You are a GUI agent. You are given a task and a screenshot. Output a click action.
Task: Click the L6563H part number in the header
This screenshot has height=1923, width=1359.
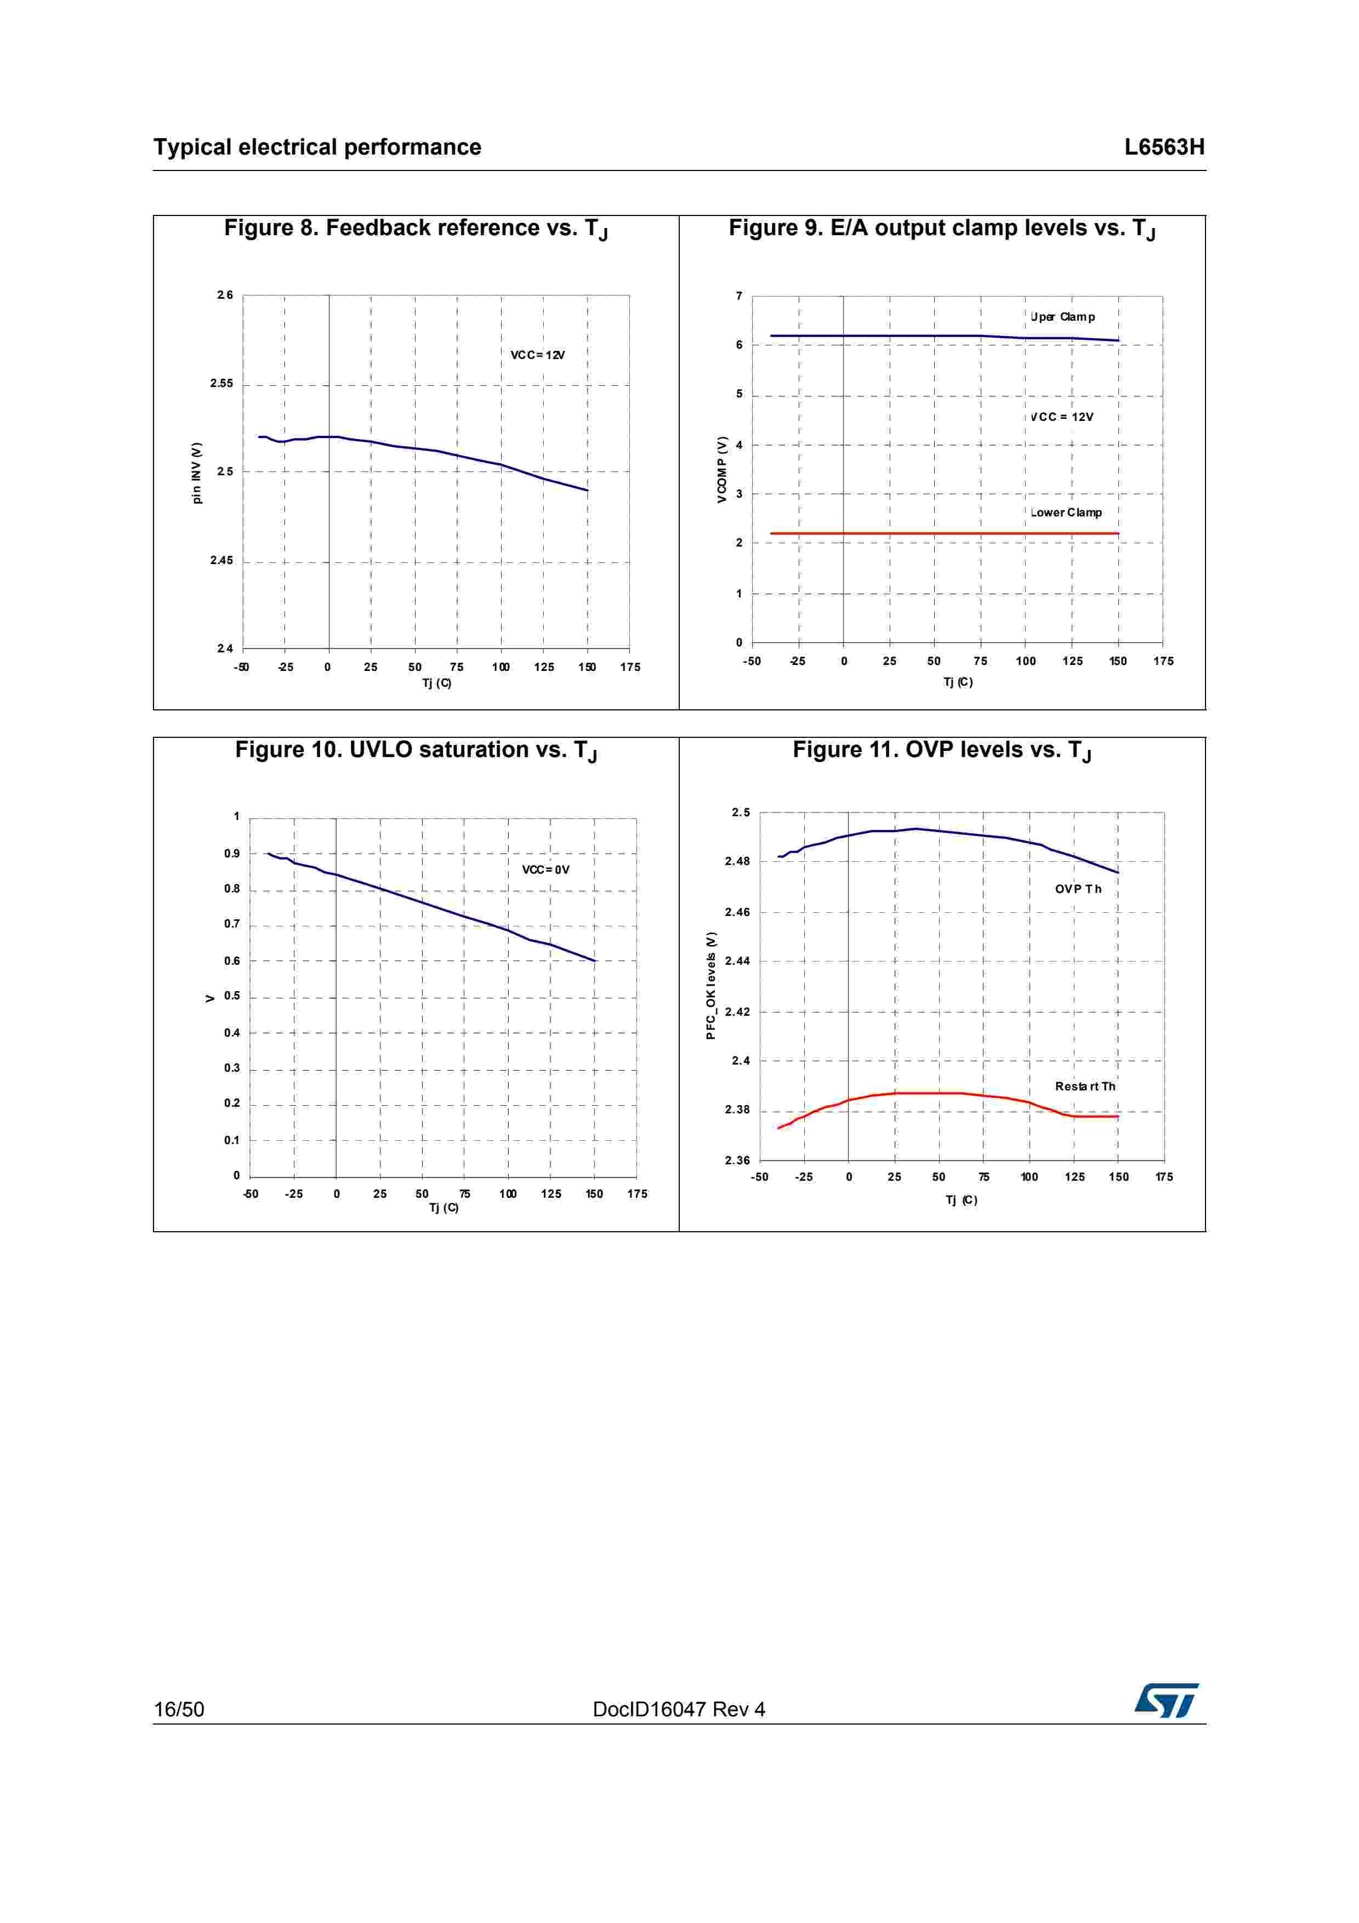point(1163,147)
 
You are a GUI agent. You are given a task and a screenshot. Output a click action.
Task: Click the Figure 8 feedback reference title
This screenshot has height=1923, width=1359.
point(416,229)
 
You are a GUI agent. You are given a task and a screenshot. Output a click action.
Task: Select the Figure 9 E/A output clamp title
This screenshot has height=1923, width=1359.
point(941,229)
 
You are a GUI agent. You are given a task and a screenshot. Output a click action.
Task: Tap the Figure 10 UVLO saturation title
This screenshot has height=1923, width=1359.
point(416,750)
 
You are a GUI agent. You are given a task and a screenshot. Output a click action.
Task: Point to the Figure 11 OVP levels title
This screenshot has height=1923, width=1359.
point(941,750)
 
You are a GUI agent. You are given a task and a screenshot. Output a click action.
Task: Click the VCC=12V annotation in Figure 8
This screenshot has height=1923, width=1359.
point(538,355)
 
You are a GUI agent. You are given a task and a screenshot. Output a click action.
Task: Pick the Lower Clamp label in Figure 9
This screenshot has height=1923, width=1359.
point(1066,513)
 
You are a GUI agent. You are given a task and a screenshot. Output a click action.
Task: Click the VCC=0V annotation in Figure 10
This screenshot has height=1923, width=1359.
point(545,869)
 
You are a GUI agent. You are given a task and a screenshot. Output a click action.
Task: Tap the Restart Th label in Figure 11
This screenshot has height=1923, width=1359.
point(1084,1086)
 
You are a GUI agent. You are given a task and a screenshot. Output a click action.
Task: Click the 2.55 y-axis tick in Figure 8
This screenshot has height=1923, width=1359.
point(222,384)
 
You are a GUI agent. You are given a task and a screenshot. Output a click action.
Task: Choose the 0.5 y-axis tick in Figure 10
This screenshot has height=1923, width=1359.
point(231,996)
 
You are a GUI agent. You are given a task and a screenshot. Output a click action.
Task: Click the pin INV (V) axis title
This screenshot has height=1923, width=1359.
point(197,473)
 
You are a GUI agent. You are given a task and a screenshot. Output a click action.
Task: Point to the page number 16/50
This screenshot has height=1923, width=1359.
point(178,1709)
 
